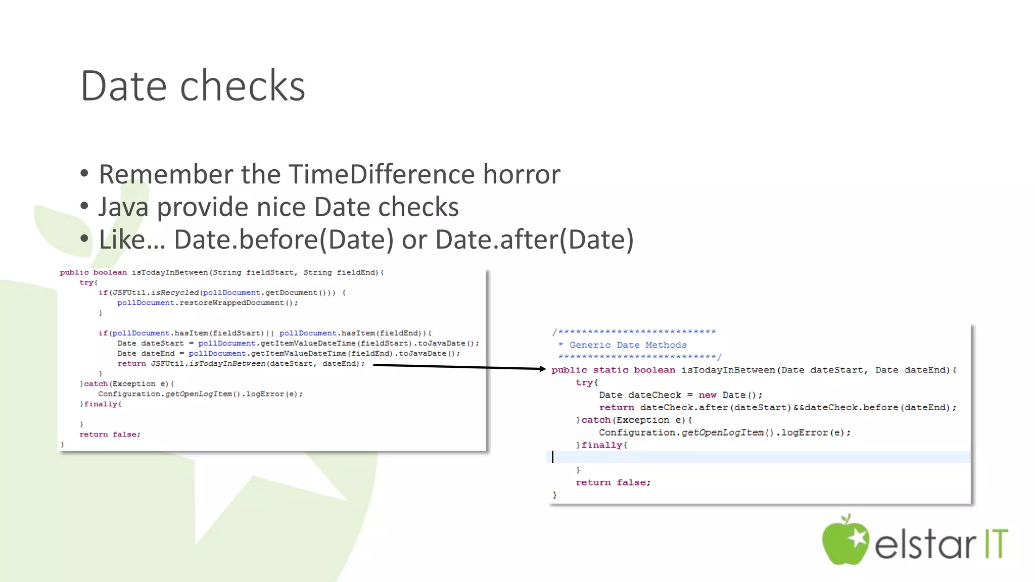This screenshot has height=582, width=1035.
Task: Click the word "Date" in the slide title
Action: pyautogui.click(x=123, y=86)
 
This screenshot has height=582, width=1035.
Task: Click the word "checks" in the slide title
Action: pyautogui.click(x=243, y=86)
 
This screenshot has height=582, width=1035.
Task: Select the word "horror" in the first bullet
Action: pyautogui.click(x=522, y=174)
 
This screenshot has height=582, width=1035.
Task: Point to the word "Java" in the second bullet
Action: pyautogui.click(x=123, y=207)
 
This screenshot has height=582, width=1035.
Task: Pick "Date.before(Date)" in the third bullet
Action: pyautogui.click(x=284, y=239)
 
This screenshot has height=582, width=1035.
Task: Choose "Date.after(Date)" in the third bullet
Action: pyautogui.click(x=534, y=239)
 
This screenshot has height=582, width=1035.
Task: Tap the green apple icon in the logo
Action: pyautogui.click(x=845, y=541)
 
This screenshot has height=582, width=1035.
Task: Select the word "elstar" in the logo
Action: pyautogui.click(x=925, y=545)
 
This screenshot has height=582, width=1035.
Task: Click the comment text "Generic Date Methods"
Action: pyautogui.click(x=628, y=345)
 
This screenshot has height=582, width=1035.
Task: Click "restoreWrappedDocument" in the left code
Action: pyautogui.click(x=231, y=303)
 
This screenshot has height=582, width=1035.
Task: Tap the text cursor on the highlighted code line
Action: pyautogui.click(x=552, y=457)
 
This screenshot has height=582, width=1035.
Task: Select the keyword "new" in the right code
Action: pyautogui.click(x=708, y=395)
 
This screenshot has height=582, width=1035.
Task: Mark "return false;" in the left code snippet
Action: pyautogui.click(x=110, y=434)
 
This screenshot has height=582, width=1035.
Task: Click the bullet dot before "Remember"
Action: pyautogui.click(x=84, y=174)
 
